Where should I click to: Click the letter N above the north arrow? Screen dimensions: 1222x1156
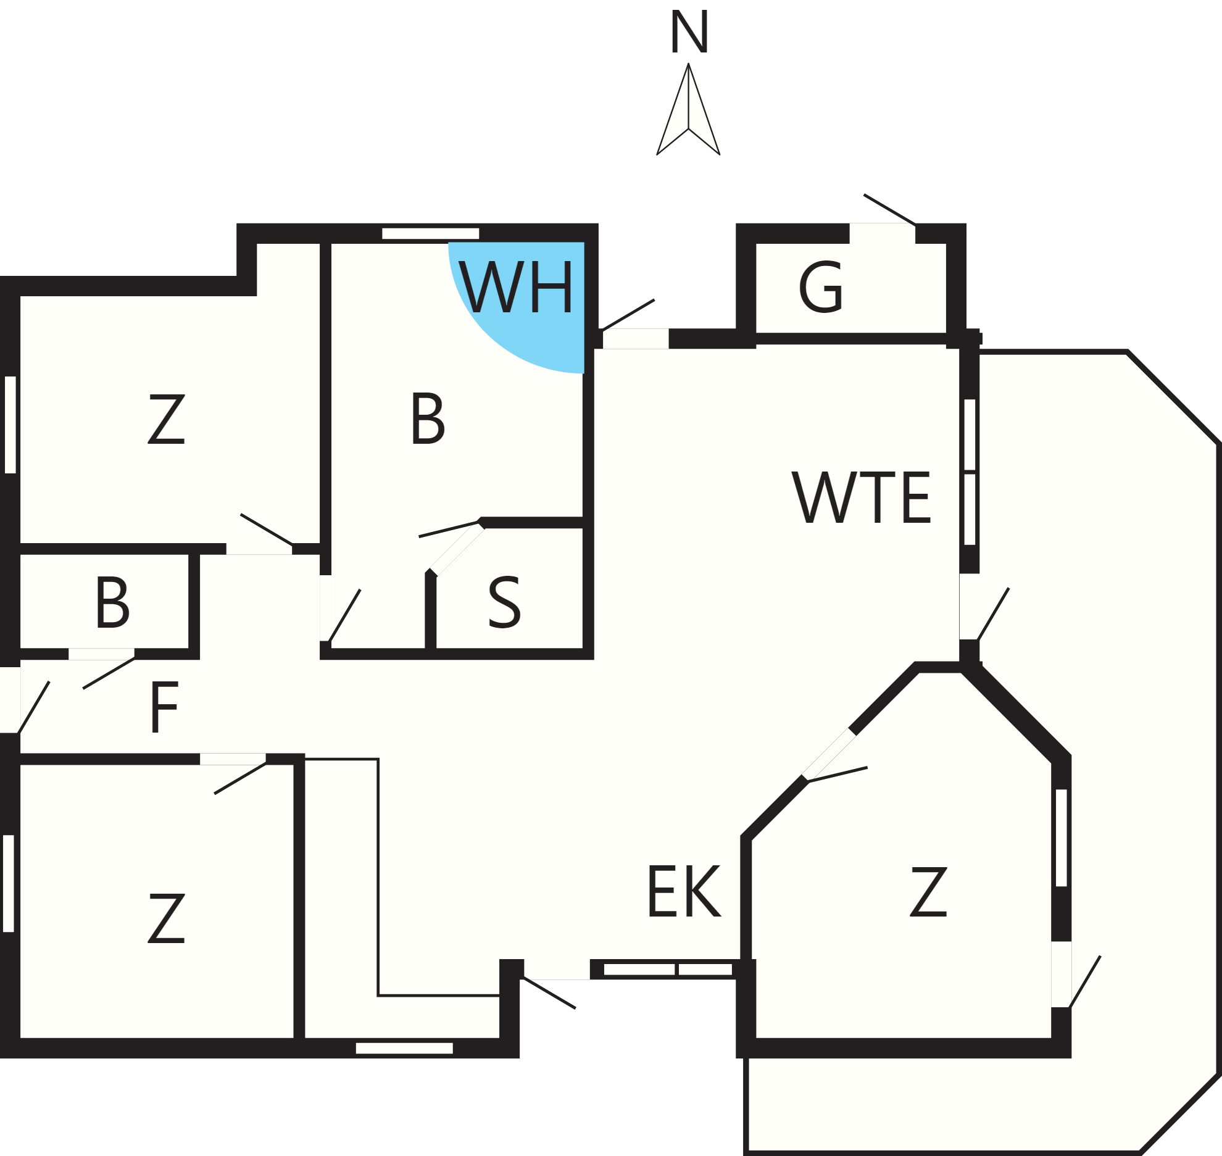[x=689, y=33]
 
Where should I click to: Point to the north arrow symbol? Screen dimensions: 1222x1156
[x=688, y=109]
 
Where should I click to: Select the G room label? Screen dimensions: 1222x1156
[x=821, y=288]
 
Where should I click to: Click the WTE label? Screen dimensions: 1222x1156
[x=862, y=499]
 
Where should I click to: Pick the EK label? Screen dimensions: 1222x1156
[x=684, y=891]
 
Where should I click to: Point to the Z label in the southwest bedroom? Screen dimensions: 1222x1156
[x=167, y=918]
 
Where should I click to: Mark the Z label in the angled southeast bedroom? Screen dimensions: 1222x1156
[x=928, y=891]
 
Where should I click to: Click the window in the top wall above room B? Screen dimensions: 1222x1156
[x=431, y=233]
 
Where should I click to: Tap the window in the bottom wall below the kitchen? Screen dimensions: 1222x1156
[x=404, y=1048]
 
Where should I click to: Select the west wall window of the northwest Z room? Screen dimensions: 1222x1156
[x=10, y=425]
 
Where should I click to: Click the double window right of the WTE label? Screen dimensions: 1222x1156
[x=970, y=472]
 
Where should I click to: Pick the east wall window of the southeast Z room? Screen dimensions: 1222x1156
[x=1062, y=838]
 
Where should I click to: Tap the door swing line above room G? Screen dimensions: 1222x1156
[x=889, y=210]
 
